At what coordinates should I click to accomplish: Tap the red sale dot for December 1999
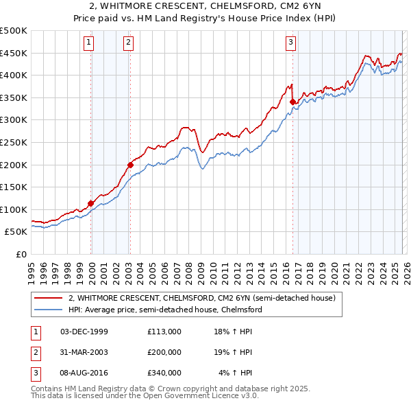(x=90, y=203)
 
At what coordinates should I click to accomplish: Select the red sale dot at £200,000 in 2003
(x=130, y=165)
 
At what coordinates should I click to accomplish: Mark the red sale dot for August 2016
(x=292, y=102)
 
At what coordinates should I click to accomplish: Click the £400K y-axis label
(x=14, y=76)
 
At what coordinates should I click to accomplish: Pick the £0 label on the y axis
(x=21, y=254)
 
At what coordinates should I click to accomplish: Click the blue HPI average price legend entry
(x=165, y=310)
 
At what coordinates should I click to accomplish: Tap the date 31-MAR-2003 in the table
(x=84, y=352)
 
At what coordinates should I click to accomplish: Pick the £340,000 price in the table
(x=164, y=373)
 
